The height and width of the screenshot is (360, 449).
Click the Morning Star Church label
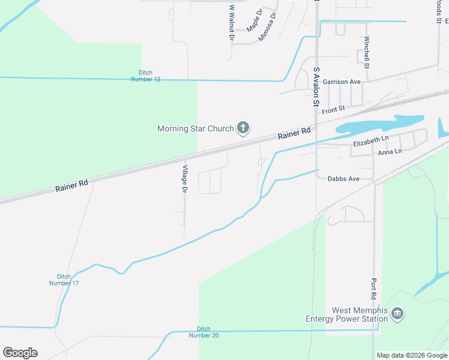click(196, 128)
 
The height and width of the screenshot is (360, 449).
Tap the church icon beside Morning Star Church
click(243, 127)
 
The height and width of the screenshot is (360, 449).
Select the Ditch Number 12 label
click(146, 76)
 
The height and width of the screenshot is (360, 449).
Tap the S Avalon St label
click(316, 87)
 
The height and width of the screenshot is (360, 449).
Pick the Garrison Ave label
click(342, 82)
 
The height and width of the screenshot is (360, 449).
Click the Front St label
click(333, 110)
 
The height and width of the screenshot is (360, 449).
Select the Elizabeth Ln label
click(371, 142)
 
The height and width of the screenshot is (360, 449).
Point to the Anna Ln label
click(390, 153)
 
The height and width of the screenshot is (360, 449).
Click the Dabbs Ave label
click(343, 179)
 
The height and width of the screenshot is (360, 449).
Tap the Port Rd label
click(373, 289)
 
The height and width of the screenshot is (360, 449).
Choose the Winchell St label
click(366, 52)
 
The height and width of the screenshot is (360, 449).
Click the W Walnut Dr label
click(232, 23)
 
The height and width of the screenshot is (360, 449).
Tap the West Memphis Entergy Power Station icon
click(397, 313)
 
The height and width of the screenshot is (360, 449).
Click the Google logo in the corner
click(20, 353)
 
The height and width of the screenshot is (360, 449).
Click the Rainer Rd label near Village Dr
click(71, 187)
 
